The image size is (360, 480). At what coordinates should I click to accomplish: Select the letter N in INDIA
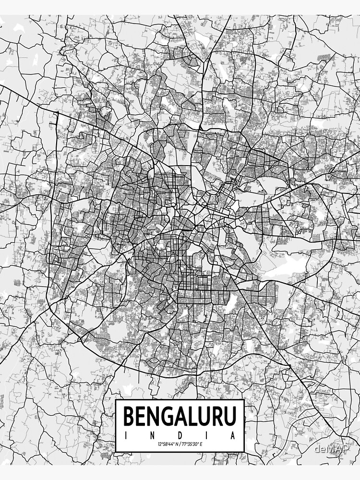(153, 436)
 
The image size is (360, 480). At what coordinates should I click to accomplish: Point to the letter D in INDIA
(180, 436)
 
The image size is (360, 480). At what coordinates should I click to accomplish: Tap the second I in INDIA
(207, 436)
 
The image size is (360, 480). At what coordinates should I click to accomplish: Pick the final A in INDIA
(234, 436)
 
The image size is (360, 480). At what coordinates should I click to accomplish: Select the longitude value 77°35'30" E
(194, 445)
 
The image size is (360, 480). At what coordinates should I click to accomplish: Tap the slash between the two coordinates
(180, 445)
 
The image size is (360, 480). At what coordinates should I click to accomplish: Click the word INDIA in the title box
(180, 436)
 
